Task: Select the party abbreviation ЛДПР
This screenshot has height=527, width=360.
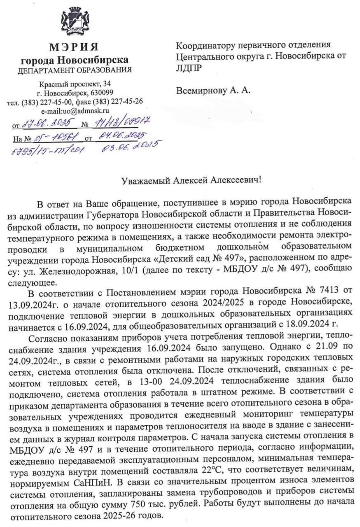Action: pos(189,68)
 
